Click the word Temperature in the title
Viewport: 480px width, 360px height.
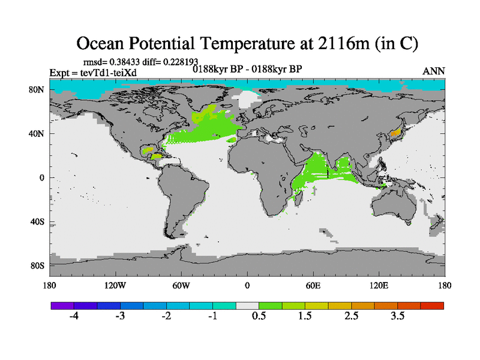(x=262, y=43)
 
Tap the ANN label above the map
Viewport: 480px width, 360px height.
(x=434, y=71)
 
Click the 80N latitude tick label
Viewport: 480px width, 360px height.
(x=39, y=90)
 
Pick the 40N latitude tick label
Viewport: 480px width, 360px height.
(x=39, y=134)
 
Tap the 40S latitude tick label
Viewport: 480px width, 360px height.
(x=39, y=221)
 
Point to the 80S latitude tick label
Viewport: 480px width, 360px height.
(x=39, y=265)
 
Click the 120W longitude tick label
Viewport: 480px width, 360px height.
(x=115, y=285)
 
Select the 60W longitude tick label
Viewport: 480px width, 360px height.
(x=181, y=285)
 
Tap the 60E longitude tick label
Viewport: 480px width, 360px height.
(x=313, y=285)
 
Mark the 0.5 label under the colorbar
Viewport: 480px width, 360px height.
(x=259, y=316)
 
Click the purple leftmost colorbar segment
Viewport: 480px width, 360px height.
(x=62, y=305)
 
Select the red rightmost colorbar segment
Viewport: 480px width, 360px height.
(x=432, y=305)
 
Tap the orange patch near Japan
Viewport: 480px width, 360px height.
(x=395, y=132)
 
